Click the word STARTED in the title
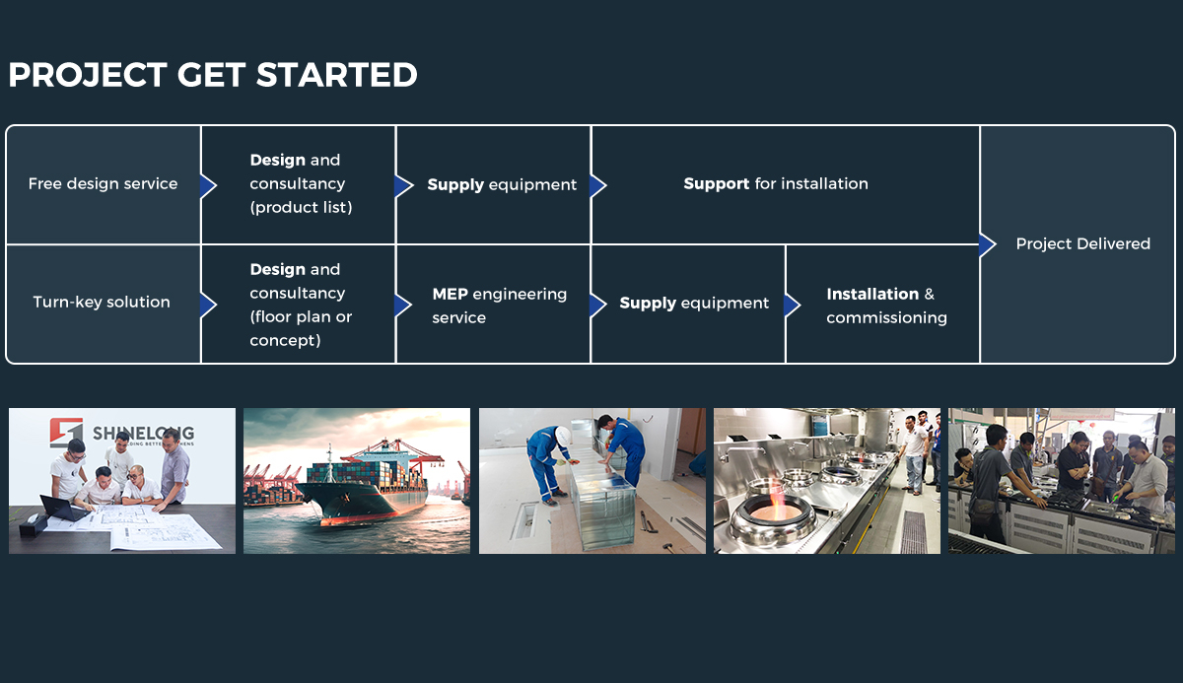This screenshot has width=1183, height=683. pyautogui.click(x=337, y=75)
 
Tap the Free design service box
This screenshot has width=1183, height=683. pyautogui.click(x=104, y=184)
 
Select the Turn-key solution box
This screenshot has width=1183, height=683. pyautogui.click(x=104, y=304)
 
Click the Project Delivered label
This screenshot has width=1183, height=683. pyautogui.click(x=1082, y=243)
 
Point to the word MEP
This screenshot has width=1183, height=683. pyautogui.click(x=450, y=294)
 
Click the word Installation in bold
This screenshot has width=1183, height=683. pyautogui.click(x=872, y=294)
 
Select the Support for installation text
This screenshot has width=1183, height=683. pyautogui.click(x=776, y=183)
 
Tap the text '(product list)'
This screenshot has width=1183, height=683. pyautogui.click(x=301, y=207)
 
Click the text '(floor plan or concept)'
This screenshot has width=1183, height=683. pyautogui.click(x=301, y=328)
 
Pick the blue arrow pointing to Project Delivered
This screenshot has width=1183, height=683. pyautogui.click(x=987, y=244)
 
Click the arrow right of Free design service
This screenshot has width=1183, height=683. pyautogui.click(x=208, y=186)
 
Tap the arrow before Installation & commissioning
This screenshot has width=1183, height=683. pyautogui.click(x=793, y=306)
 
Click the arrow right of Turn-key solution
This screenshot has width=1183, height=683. pyautogui.click(x=208, y=306)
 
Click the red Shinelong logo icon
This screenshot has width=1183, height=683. pyautogui.click(x=67, y=433)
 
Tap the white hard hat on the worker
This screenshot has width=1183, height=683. pyautogui.click(x=563, y=436)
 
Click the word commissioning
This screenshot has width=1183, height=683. pyautogui.click(x=886, y=317)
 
